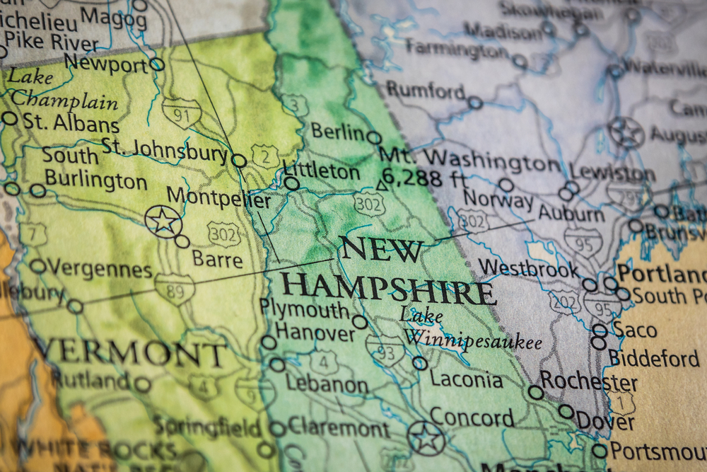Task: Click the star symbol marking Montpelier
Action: (163, 221)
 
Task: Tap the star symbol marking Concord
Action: (427, 438)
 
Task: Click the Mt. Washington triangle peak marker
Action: (382, 185)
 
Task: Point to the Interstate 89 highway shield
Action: (174, 288)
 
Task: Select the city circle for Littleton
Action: (291, 183)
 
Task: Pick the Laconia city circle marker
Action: (420, 363)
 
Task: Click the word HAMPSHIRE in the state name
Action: (388, 289)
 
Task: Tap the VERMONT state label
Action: (131, 352)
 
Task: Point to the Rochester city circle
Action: (536, 392)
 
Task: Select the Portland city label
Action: (660, 273)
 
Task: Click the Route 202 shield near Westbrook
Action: (565, 301)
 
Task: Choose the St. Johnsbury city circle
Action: (239, 161)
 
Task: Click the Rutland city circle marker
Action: (143, 385)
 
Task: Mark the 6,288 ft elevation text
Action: (422, 178)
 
